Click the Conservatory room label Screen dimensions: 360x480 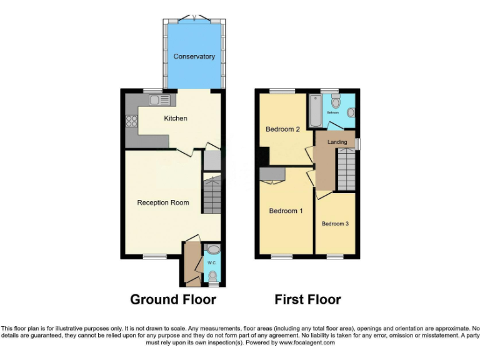194,57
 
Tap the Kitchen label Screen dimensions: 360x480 176,118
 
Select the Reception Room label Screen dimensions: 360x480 163,202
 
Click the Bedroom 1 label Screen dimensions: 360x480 286,211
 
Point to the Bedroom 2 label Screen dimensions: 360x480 282,129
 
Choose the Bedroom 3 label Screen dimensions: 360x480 335,223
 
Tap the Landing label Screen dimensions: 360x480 337,142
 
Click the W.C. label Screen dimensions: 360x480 211,262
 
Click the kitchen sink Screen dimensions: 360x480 159,100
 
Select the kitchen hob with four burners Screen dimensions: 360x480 132,121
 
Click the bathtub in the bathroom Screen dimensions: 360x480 314,111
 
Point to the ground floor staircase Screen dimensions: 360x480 212,194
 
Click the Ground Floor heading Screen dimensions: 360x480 173,299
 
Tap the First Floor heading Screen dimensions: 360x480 307,299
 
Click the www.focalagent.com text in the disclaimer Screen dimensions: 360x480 307,342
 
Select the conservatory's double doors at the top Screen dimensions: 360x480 194,18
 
